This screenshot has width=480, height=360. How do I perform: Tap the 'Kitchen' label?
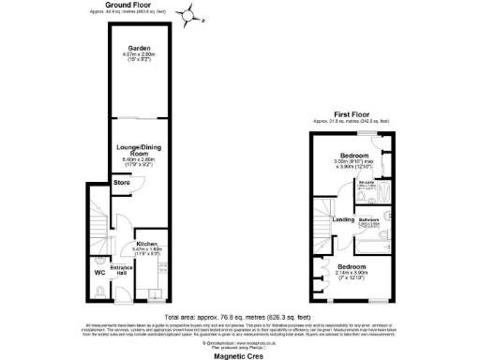(x=150, y=242)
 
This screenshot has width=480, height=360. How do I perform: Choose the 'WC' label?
(x=98, y=273)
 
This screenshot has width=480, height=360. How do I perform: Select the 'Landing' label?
(x=344, y=219)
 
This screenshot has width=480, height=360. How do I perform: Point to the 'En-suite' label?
(x=369, y=184)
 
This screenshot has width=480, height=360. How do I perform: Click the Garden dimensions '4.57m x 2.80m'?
(x=142, y=56)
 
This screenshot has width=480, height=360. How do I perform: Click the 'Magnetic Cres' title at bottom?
(x=240, y=353)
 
